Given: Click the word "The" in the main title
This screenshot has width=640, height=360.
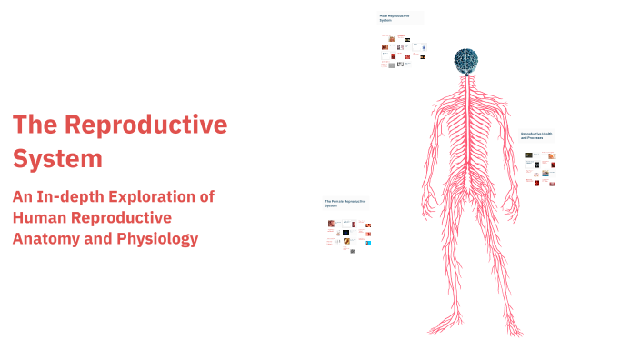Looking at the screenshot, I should coord(38,125).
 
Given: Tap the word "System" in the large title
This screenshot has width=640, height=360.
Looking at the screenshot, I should coord(57,158).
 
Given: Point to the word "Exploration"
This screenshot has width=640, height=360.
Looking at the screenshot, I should coord(169,195).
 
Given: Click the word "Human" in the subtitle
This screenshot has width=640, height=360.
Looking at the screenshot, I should coord(41,217).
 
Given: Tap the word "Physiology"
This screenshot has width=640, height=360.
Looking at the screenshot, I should coord(158,239).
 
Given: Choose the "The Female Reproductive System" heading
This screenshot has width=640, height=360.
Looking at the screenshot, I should coord(345,203).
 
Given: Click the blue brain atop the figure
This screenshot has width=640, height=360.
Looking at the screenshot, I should coord(466,60).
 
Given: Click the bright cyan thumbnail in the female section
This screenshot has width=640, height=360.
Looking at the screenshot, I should coord(367,242).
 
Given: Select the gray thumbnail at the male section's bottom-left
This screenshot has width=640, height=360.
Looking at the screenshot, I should coord(392,65).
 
